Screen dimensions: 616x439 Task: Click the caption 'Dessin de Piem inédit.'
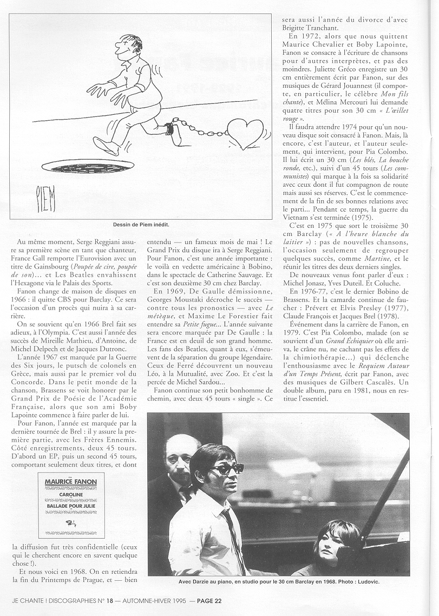click(140, 224)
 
